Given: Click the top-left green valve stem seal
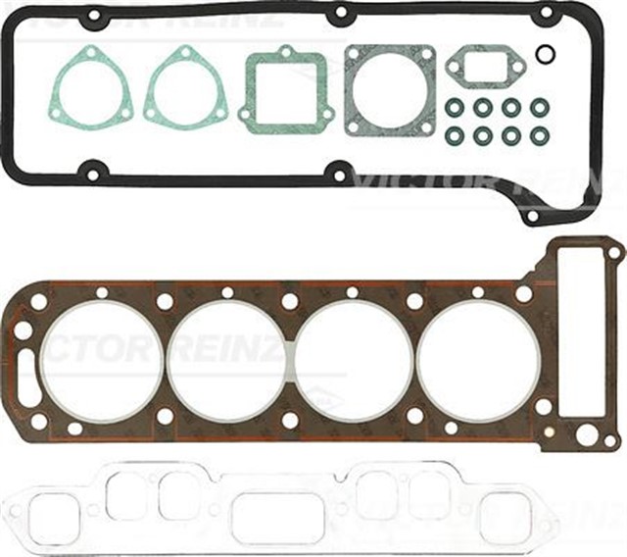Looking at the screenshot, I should click(x=455, y=106).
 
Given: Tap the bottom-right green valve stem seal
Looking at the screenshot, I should click(x=539, y=136).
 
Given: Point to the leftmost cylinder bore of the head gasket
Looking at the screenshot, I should click(x=102, y=360).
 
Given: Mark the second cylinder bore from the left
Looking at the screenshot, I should click(x=227, y=360).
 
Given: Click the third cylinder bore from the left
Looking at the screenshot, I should click(x=354, y=360).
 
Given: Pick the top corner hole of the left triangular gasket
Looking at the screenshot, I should click(x=91, y=52).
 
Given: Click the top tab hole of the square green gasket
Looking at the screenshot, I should click(x=284, y=52).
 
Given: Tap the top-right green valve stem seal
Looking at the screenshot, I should click(x=539, y=106).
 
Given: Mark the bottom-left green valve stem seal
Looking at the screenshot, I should click(x=455, y=136).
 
